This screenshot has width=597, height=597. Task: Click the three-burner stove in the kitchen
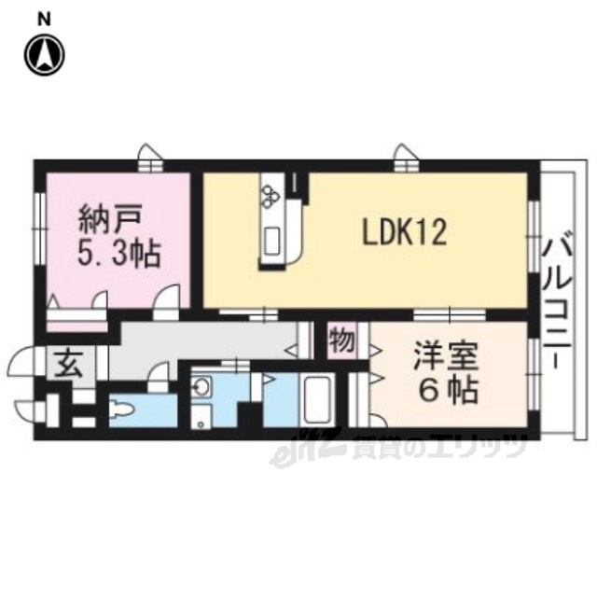tap(271, 195)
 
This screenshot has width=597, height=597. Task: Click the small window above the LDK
tap(404, 157)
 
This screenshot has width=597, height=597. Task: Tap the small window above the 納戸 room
tap(148, 157)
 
